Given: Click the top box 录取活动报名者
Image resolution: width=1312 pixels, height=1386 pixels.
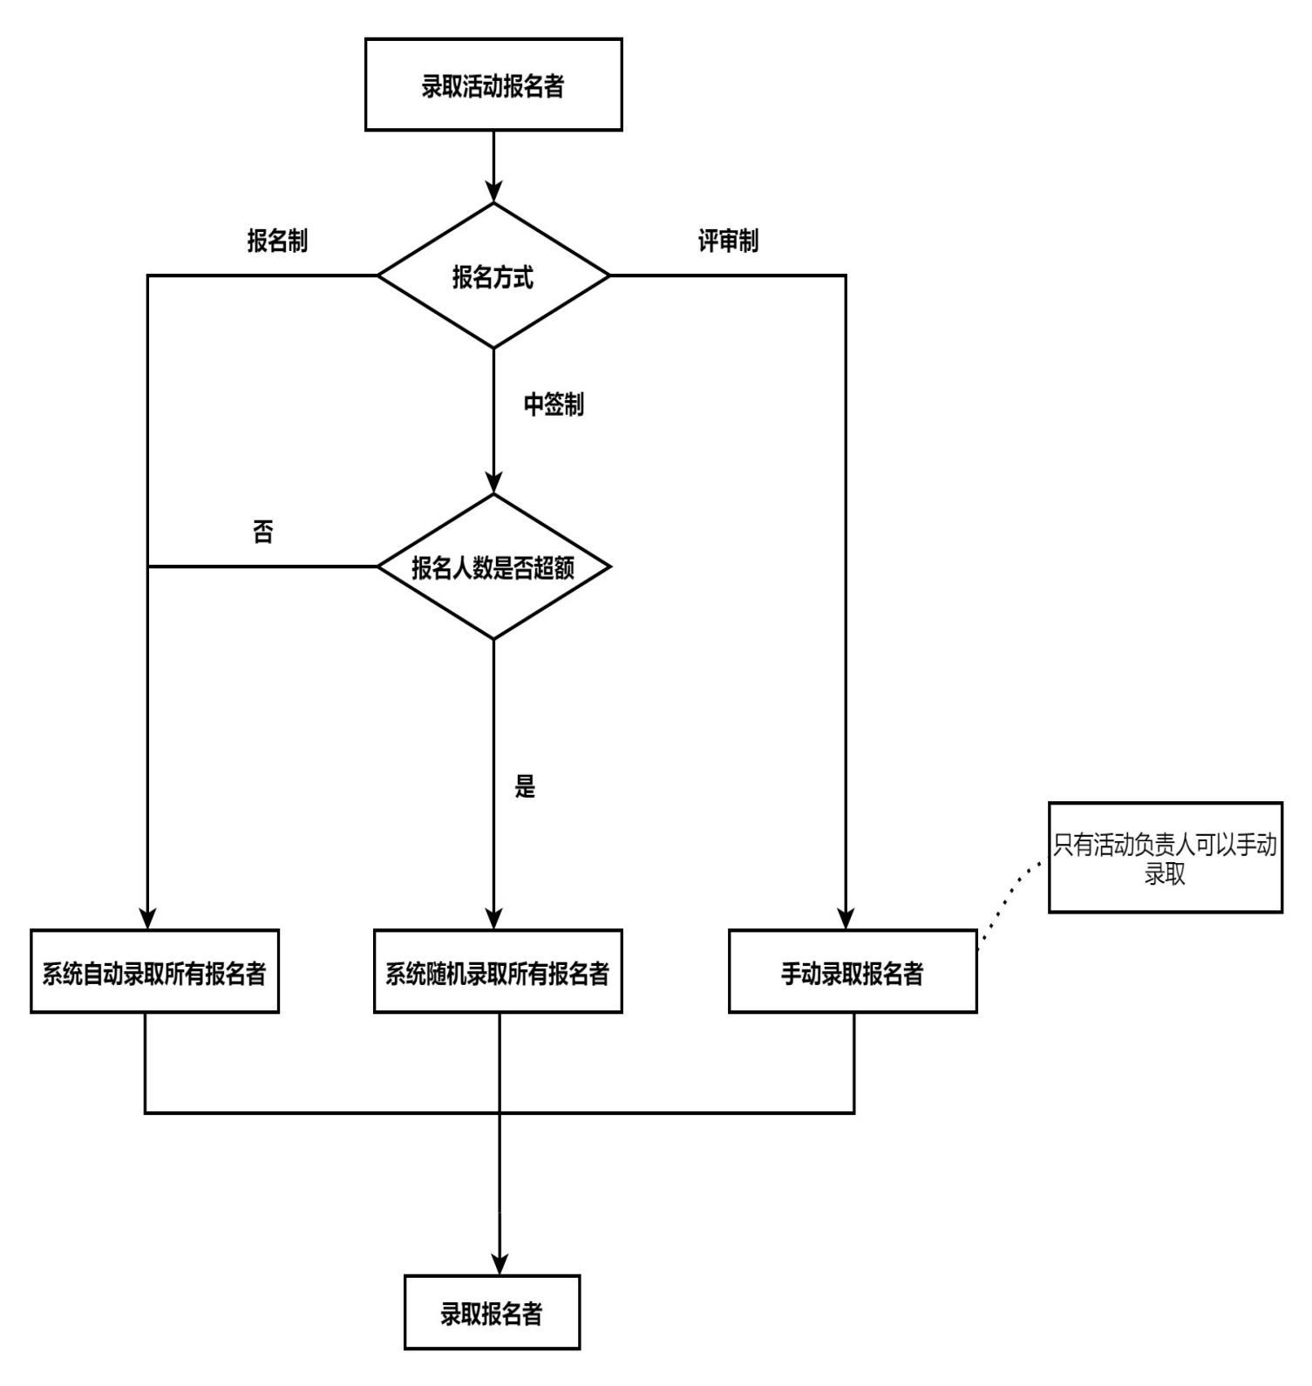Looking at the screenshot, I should (x=493, y=85).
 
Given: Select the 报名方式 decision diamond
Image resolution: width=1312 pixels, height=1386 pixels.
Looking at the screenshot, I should (x=493, y=276).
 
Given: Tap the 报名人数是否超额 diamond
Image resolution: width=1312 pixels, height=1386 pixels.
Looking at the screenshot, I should (x=493, y=567).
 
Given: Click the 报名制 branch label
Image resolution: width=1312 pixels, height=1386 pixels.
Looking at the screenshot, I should (x=277, y=241).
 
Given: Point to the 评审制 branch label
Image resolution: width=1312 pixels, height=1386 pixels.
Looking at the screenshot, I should (x=728, y=241).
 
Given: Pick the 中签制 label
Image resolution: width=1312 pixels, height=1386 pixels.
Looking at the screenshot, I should (x=554, y=404).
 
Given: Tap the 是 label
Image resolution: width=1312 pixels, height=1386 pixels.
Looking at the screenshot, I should (x=525, y=786).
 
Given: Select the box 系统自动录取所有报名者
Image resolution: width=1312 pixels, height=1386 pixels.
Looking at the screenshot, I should (x=154, y=972).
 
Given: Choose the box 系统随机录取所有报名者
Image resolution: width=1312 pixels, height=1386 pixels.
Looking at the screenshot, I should (x=498, y=972).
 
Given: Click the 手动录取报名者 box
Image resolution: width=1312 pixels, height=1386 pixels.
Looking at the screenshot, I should (x=853, y=972).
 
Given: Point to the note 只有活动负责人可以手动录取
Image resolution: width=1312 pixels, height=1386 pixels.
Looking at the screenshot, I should (x=1165, y=858).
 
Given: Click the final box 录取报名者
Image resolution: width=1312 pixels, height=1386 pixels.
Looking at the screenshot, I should (x=492, y=1313).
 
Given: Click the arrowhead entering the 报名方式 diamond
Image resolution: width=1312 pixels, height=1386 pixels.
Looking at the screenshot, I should (x=494, y=192).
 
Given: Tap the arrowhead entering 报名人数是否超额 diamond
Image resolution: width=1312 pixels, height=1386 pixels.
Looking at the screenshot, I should (x=494, y=483).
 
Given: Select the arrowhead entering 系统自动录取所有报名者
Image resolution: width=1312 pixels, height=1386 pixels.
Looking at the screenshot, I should (x=148, y=919).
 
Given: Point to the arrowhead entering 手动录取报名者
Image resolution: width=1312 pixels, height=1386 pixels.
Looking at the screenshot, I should (x=846, y=919).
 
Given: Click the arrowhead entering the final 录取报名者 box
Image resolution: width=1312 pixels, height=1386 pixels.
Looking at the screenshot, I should (x=500, y=1264).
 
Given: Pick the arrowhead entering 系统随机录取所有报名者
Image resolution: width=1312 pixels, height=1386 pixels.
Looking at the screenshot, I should (x=494, y=919).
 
